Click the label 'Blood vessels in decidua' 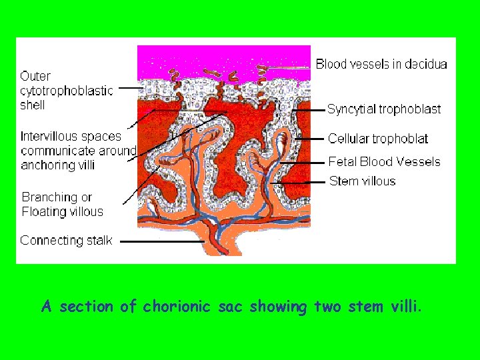(x=381, y=64)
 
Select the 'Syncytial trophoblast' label (x=383, y=109)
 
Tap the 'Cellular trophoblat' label (x=377, y=139)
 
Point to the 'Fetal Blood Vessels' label (x=384, y=161)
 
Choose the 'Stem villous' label (x=361, y=181)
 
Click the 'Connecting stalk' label (x=66, y=240)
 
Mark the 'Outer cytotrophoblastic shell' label (x=66, y=91)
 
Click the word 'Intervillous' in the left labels (x=49, y=137)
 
